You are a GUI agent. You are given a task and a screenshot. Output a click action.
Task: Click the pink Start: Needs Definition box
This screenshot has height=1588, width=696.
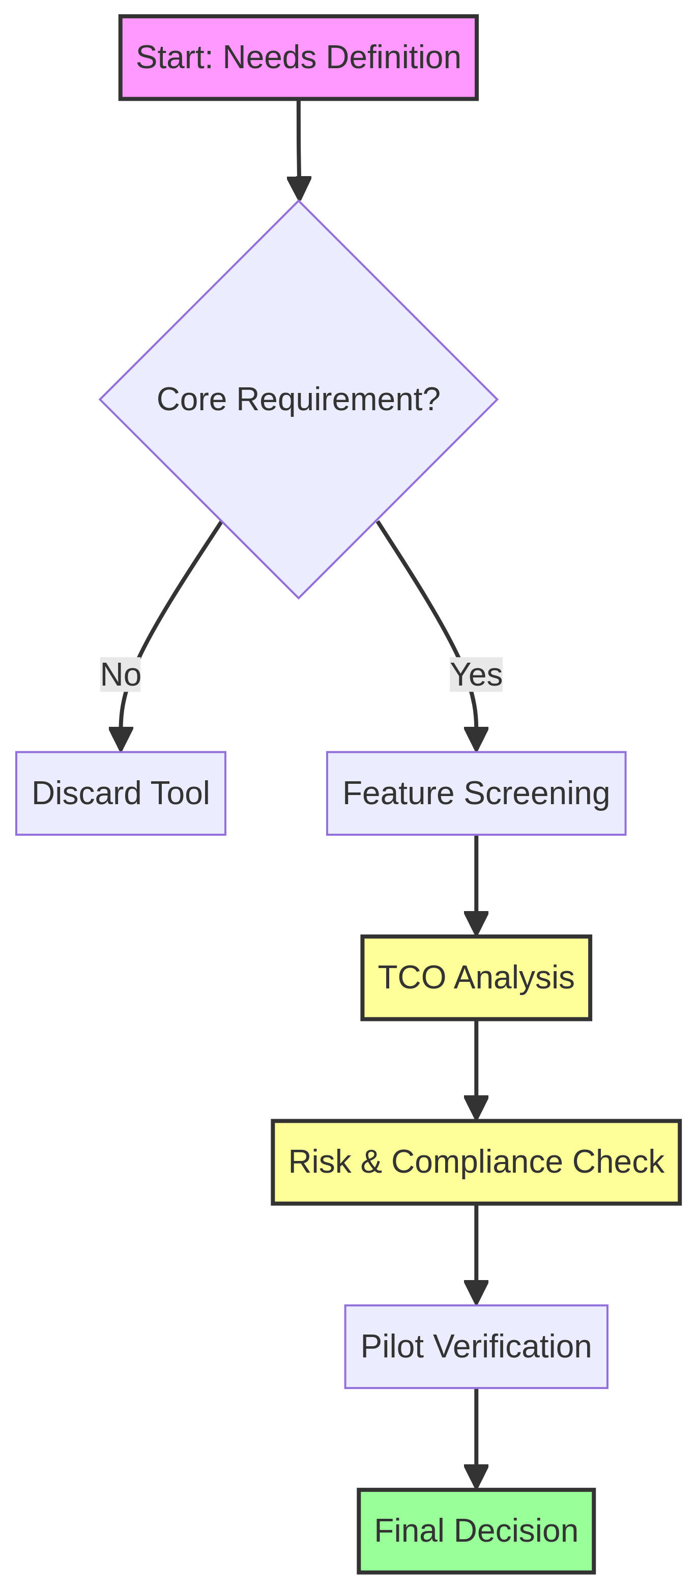pos(298,58)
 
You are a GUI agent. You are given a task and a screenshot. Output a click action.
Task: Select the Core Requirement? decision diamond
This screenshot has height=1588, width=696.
pos(298,399)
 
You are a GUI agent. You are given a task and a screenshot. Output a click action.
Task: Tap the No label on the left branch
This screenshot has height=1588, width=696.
pos(120,674)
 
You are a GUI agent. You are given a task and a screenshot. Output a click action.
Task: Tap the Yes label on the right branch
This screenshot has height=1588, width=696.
pos(476,674)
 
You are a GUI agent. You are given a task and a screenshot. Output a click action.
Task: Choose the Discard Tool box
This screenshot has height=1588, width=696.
pos(121,793)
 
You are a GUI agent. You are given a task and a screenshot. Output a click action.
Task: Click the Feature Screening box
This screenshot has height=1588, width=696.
pos(476,793)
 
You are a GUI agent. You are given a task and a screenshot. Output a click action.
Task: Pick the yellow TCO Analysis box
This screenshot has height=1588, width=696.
pos(476,977)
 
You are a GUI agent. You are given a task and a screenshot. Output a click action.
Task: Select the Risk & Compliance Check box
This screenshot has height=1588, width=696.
pos(476,1161)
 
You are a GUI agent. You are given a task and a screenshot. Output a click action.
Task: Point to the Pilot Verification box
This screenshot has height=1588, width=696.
pos(476,1346)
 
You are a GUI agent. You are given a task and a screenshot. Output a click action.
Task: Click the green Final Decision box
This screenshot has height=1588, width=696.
pos(476,1530)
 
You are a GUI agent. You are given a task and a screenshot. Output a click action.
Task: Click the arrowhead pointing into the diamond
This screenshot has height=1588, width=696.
pos(299,188)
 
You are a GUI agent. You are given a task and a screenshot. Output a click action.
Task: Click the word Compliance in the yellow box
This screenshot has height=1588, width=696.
pos(477,1161)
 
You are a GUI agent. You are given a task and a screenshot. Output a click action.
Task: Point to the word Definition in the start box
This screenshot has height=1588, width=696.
pos(394,58)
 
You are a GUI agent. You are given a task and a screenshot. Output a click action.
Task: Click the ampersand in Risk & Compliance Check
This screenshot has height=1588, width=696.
pos(371,1161)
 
